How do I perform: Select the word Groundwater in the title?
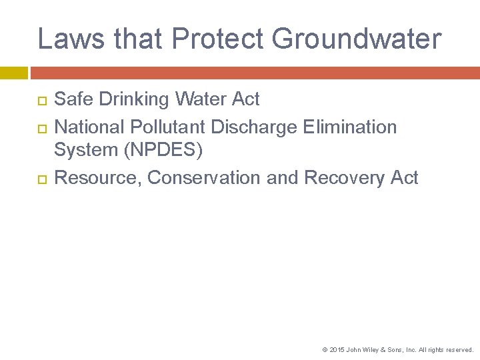point(357,39)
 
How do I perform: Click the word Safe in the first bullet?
point(73,99)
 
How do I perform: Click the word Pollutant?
point(167,127)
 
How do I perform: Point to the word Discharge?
point(257,127)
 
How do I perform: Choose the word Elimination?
point(351,127)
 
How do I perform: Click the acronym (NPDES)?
point(163,150)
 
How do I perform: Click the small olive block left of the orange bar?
point(14,73)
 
